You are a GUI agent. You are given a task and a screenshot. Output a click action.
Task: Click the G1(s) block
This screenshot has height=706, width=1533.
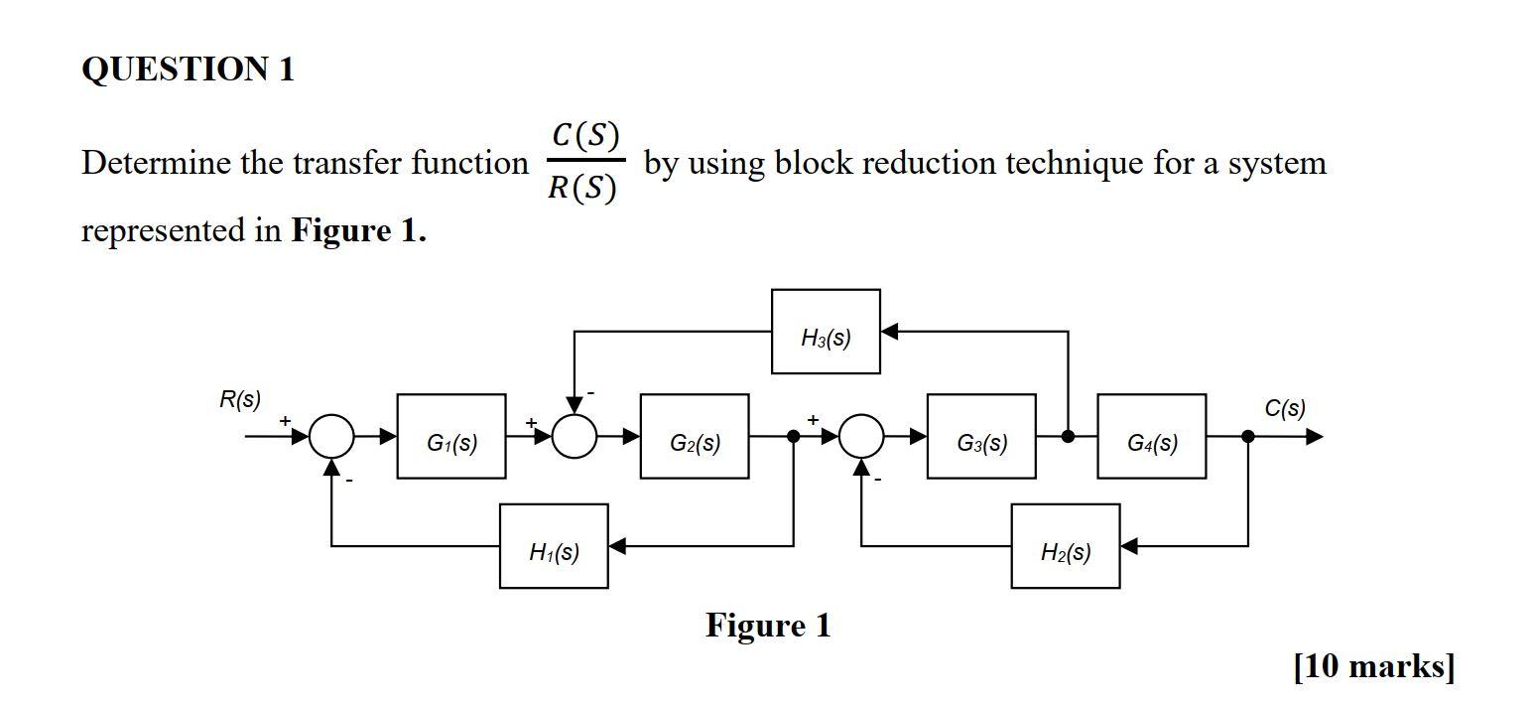tap(451, 437)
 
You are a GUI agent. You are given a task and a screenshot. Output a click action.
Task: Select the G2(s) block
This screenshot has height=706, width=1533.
tap(695, 437)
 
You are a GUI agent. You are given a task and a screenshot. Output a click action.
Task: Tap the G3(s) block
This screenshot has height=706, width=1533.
tap(981, 437)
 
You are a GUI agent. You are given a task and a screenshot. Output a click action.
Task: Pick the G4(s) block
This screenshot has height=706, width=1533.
tap(1152, 437)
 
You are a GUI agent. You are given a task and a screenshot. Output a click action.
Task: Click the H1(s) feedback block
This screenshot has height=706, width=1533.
tap(554, 546)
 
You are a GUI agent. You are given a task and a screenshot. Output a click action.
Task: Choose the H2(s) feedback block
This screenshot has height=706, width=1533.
tap(1066, 546)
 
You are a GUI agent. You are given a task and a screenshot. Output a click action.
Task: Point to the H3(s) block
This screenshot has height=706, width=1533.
tap(826, 332)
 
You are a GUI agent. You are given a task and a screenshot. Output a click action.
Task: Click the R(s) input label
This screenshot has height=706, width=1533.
tap(239, 400)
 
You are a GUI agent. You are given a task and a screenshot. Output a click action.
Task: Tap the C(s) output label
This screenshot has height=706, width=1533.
tap(1285, 408)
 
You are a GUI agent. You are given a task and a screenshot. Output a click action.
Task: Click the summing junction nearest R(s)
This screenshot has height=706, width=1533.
tap(331, 437)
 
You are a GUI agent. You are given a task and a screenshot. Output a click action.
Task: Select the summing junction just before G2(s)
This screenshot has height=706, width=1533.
tap(575, 437)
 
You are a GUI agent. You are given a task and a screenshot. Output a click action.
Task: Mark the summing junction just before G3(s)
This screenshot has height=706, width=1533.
tap(861, 437)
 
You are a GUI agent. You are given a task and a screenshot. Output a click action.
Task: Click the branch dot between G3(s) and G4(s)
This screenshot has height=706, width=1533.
tap(1069, 437)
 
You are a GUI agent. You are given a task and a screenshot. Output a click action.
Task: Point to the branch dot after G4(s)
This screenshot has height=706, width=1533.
tap(1248, 437)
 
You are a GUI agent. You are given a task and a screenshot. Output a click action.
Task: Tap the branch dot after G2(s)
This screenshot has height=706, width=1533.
tap(794, 437)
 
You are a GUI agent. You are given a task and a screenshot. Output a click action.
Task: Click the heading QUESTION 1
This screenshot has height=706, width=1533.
tap(188, 70)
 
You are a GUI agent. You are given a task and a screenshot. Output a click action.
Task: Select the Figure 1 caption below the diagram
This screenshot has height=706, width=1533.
tap(768, 626)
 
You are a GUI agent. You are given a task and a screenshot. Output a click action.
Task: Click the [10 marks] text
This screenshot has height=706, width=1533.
tap(1374, 666)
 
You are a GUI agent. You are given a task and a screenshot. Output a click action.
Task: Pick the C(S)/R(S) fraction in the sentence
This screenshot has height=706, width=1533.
tap(584, 161)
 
